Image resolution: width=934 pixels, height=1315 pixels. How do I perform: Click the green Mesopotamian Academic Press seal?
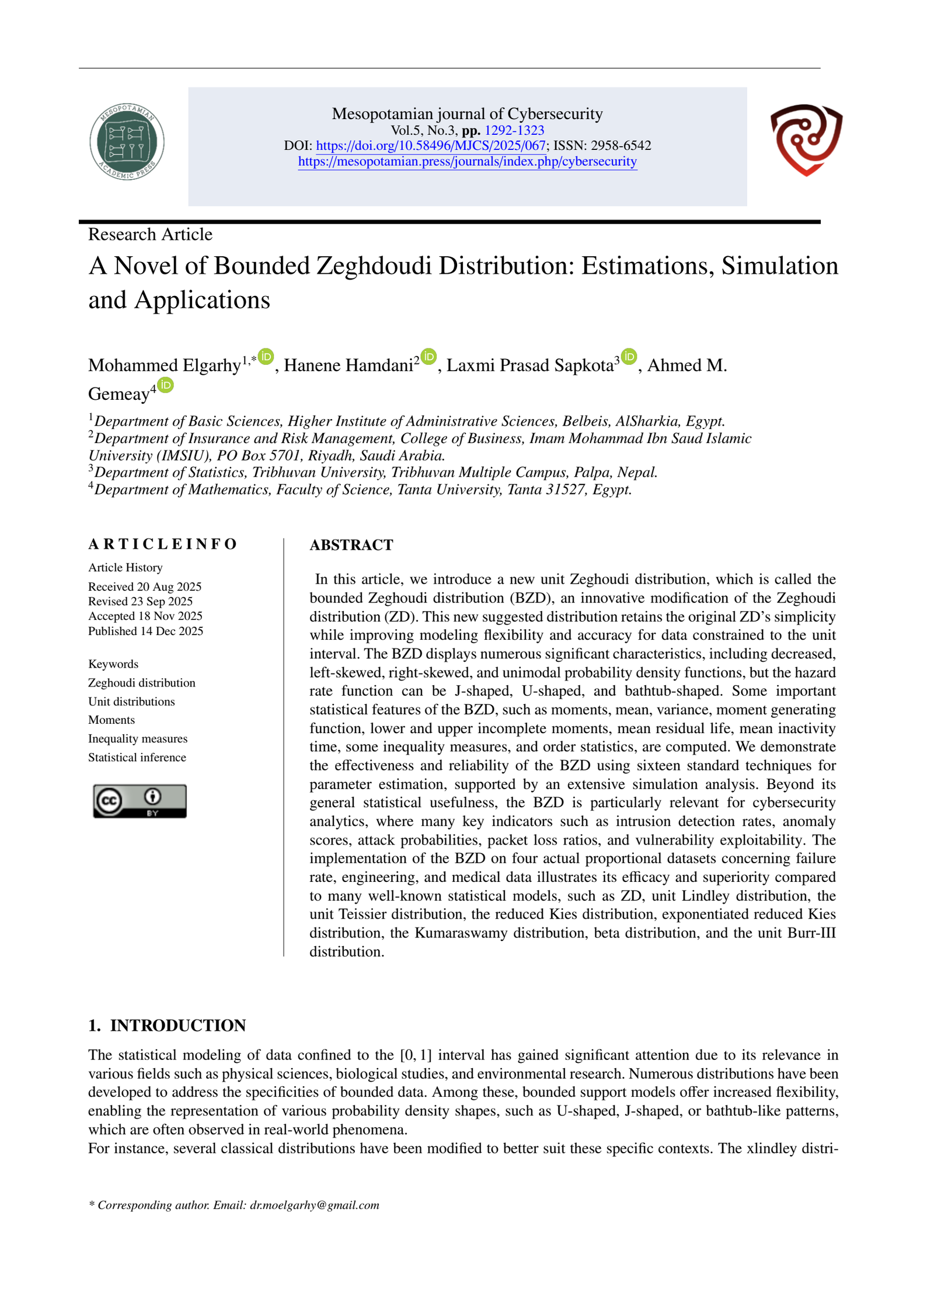pyautogui.click(x=127, y=142)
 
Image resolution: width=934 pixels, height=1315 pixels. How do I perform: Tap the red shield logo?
pyautogui.click(x=806, y=139)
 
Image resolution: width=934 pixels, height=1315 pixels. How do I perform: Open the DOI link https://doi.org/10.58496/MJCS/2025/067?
pyautogui.click(x=430, y=146)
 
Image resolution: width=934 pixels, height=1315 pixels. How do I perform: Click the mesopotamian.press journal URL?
pyautogui.click(x=467, y=162)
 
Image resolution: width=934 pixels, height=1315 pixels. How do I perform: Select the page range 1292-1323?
pyautogui.click(x=514, y=131)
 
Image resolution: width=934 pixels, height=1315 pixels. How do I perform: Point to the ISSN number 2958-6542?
pyautogui.click(x=621, y=146)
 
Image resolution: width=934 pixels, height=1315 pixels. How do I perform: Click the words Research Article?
pyautogui.click(x=150, y=235)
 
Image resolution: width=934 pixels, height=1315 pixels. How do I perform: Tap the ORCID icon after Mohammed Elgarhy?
pyautogui.click(x=266, y=356)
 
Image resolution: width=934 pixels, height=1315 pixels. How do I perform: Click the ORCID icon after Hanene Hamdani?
pyautogui.click(x=428, y=356)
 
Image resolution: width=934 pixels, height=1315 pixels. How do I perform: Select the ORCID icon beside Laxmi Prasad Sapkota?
pyautogui.click(x=629, y=356)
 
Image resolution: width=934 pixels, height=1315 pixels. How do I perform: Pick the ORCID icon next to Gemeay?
pyautogui.click(x=166, y=385)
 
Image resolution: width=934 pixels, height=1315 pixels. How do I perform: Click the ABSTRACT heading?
pyautogui.click(x=351, y=545)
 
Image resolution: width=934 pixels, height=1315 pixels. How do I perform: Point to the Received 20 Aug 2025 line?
pyautogui.click(x=145, y=587)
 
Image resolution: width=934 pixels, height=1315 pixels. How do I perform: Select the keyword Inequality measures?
pyautogui.click(x=138, y=739)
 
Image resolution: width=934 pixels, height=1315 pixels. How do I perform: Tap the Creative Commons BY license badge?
pyautogui.click(x=140, y=801)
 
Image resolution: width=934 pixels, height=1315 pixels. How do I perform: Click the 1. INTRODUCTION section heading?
pyautogui.click(x=167, y=1026)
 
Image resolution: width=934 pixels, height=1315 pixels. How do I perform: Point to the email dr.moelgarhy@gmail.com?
pyautogui.click(x=314, y=1205)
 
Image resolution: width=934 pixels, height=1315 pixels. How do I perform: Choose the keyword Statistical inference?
pyautogui.click(x=137, y=758)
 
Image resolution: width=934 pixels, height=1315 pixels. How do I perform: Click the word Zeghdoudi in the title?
pyautogui.click(x=374, y=266)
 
